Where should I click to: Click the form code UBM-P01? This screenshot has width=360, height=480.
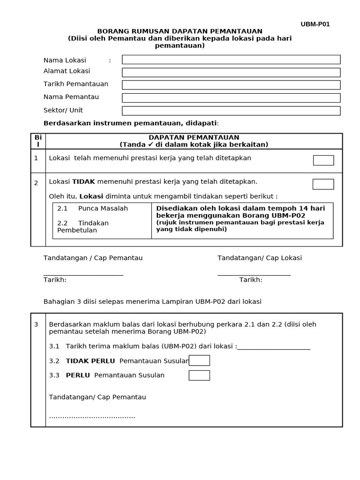pos(315,24)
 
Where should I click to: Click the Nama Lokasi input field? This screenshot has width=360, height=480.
pos(231,60)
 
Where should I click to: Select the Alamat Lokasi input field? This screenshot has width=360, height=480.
pos(231,72)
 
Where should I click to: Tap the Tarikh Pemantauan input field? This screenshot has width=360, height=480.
pos(231,85)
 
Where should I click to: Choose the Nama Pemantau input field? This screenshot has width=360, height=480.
pos(231,97)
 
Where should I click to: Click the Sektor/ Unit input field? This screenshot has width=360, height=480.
pos(231,111)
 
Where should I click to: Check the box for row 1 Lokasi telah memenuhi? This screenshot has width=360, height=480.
pos(323,160)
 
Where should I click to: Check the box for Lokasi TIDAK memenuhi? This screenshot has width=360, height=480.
pos(323,184)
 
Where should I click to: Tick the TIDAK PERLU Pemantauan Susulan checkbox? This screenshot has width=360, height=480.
pos(199,360)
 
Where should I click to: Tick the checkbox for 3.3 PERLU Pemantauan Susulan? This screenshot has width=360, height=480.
pos(199,375)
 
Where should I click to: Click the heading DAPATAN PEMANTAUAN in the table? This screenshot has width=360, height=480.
pos(194,137)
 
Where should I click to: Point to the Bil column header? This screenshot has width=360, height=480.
pos(38,141)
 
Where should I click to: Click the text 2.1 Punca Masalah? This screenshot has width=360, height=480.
pos(92,209)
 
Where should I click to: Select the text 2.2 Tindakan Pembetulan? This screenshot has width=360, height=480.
pos(83,226)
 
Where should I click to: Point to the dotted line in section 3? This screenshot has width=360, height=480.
pos(92,416)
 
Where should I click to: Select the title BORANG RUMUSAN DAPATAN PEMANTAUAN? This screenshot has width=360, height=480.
pos(180,31)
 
